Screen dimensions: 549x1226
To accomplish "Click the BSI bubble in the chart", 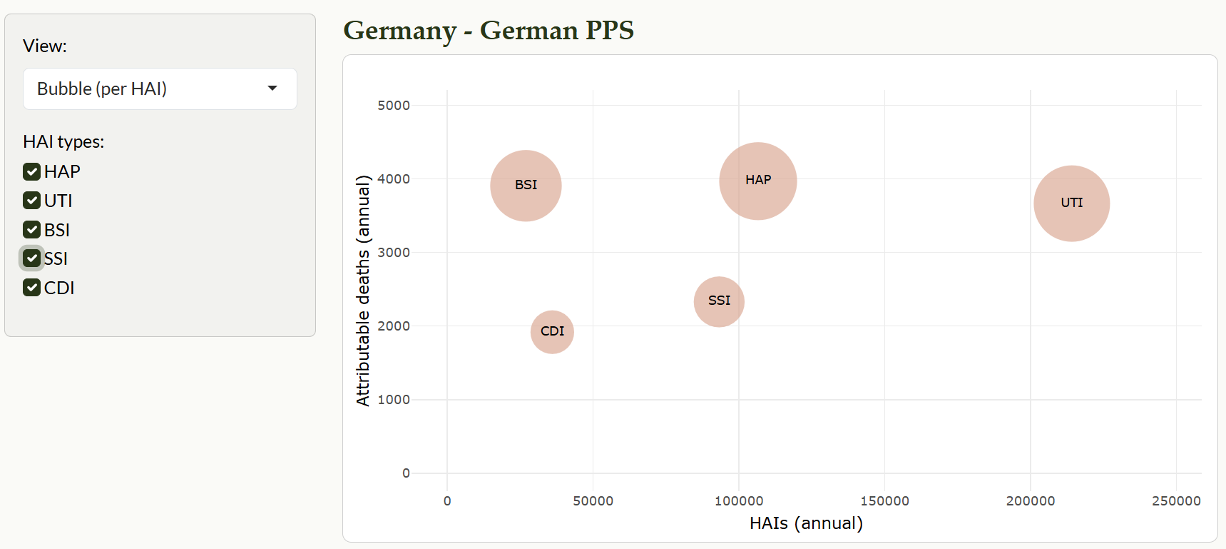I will [526, 186].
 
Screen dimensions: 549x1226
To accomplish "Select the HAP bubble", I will [757, 181].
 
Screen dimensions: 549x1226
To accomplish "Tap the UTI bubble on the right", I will [1071, 203].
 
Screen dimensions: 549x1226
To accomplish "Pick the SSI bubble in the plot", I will [719, 301].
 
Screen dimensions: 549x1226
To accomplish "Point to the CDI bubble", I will [552, 332].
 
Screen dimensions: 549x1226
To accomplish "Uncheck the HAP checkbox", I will [31, 171].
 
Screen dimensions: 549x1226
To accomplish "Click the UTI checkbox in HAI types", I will [31, 201].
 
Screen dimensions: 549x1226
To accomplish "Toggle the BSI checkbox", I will [31, 230].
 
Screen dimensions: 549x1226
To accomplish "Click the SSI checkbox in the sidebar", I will [31, 258].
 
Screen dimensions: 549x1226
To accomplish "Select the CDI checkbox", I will [31, 288].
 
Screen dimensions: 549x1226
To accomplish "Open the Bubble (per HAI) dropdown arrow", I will [272, 89].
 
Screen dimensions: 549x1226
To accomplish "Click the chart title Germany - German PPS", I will [489, 31].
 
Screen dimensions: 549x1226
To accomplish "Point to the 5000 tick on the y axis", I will [394, 106].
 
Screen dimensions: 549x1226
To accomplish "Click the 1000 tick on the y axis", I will [394, 400].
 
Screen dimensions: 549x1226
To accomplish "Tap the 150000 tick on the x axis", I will [884, 501].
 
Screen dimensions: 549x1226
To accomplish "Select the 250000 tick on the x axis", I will [1176, 501].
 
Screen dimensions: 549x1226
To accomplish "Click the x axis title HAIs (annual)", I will [806, 523].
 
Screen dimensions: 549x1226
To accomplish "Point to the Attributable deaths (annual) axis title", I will [363, 291].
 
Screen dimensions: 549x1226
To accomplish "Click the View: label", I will [45, 46].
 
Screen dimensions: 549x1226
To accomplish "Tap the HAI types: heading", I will [63, 142].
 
